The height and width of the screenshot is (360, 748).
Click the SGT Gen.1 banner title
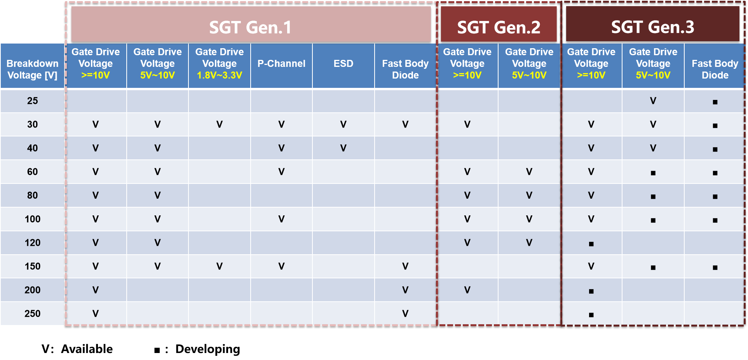tap(250, 27)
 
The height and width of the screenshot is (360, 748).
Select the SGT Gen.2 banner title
tap(499, 27)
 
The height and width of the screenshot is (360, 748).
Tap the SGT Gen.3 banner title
tap(652, 27)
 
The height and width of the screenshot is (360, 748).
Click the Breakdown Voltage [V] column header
tap(33, 69)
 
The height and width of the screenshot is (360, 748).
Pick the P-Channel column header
tap(281, 63)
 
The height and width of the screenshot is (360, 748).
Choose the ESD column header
tap(343, 63)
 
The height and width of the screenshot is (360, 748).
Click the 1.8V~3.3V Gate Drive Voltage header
tap(220, 63)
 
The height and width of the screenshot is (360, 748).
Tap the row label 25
tap(33, 101)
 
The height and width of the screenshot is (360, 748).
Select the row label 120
tap(33, 243)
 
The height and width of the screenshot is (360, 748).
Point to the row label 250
tap(33, 313)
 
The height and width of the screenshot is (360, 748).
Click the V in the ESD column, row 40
tap(343, 148)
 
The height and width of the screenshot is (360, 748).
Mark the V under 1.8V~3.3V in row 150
tap(220, 266)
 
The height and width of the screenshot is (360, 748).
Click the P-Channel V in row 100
tap(281, 219)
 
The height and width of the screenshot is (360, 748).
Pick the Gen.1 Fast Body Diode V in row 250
tap(405, 314)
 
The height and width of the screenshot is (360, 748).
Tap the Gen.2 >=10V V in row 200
tap(467, 290)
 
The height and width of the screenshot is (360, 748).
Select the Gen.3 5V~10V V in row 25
tap(653, 101)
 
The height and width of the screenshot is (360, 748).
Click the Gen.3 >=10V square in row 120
tap(591, 244)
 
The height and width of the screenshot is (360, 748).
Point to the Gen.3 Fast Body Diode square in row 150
tap(715, 268)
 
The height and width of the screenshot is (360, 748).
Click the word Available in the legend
tap(87, 349)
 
